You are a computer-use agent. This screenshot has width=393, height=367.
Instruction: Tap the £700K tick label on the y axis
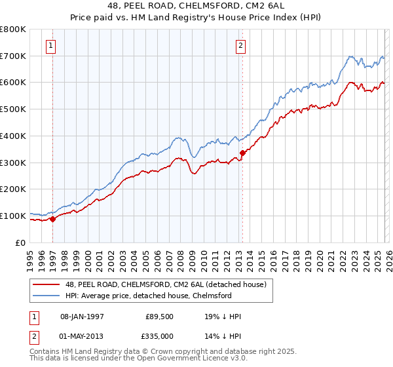pyautogui.click(x=13, y=56)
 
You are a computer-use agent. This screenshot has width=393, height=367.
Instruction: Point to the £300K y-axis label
pyautogui.click(x=13, y=163)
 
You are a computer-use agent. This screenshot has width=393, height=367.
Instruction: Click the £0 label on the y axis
pyautogui.click(x=20, y=242)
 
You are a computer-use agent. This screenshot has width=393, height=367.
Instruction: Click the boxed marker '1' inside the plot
pyautogui.click(x=51, y=46)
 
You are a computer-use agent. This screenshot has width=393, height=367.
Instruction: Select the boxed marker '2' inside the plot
pyautogui.click(x=240, y=46)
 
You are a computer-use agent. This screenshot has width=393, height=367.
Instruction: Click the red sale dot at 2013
pyautogui.click(x=242, y=153)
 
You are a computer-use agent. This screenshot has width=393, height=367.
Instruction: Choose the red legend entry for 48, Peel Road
pyautogui.click(x=164, y=285)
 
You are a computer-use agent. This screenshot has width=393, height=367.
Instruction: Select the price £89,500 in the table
pyautogui.click(x=160, y=317)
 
